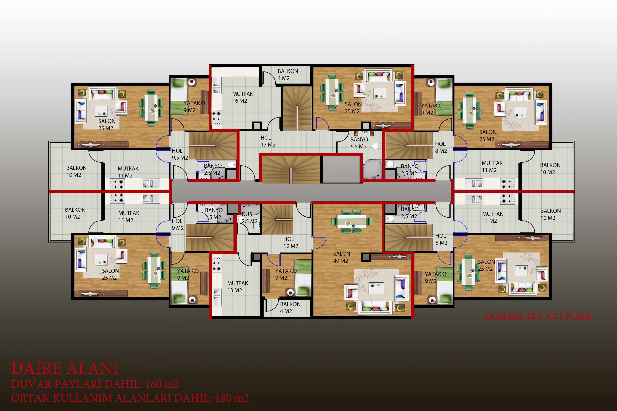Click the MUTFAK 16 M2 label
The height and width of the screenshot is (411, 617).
[243, 97]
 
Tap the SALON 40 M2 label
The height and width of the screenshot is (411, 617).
[342, 257]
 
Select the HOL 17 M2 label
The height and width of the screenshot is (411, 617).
[268, 141]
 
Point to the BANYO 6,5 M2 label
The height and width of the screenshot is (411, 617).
[359, 143]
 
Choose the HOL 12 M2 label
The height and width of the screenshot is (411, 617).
[291, 242]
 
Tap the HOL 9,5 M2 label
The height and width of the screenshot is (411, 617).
[180, 154]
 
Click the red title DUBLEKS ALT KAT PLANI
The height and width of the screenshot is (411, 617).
[538, 316]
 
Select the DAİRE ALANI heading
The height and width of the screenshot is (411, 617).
[65, 368]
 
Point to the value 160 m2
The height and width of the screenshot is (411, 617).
[162, 384]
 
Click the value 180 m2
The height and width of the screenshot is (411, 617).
[232, 398]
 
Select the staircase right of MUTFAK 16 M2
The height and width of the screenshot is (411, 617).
[297, 108]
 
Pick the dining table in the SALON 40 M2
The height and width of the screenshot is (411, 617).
[352, 222]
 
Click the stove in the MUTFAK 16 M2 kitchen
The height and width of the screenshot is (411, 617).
[217, 117]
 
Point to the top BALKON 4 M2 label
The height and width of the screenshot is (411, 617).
[288, 75]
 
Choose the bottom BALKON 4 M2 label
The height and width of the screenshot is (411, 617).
[290, 307]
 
